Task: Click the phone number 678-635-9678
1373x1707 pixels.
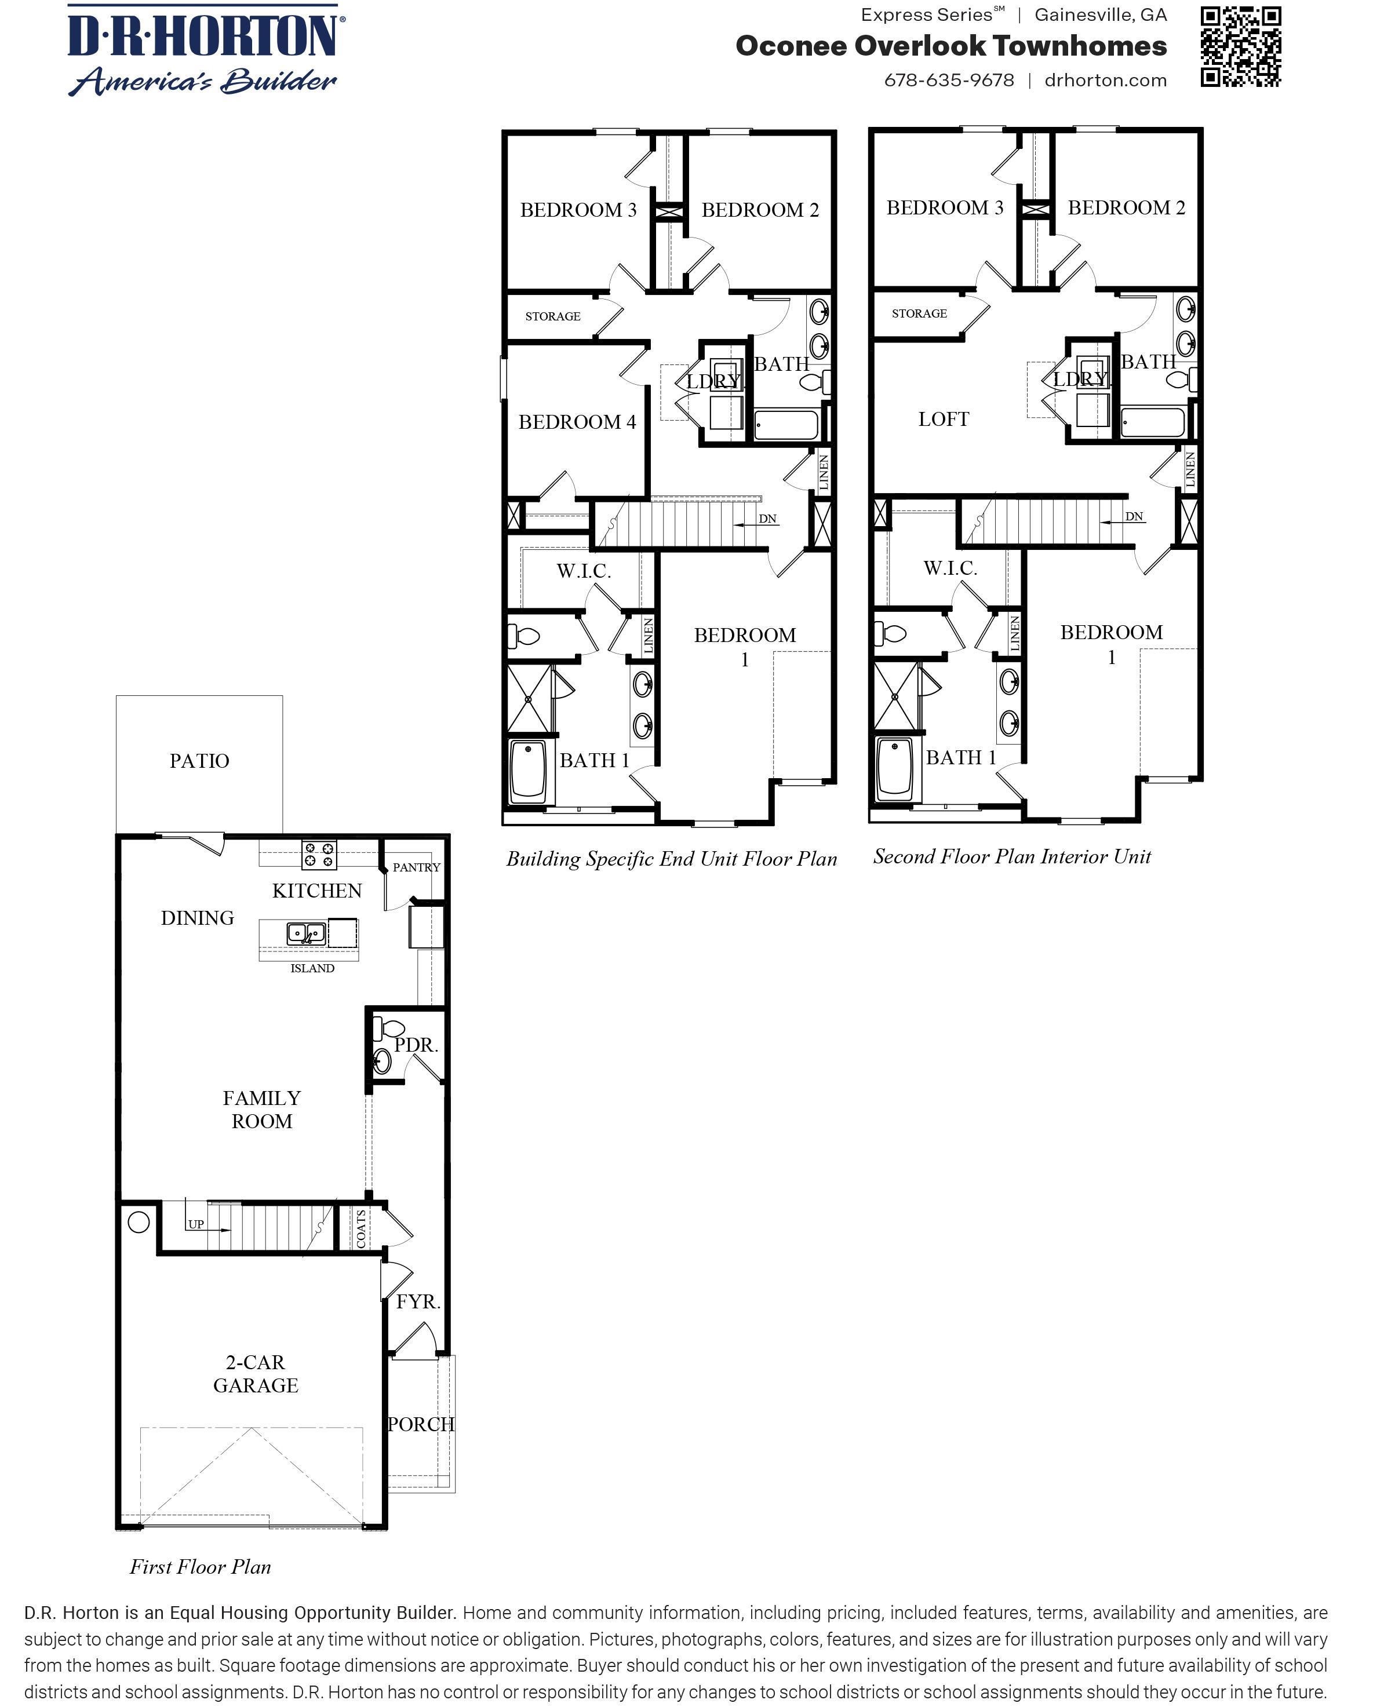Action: coord(949,81)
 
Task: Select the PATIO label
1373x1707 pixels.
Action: coord(199,761)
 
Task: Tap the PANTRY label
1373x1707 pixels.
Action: coord(416,868)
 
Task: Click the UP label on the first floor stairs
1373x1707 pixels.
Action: coord(195,1224)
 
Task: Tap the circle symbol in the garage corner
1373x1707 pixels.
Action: coord(139,1223)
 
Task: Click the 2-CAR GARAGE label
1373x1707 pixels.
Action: coord(255,1374)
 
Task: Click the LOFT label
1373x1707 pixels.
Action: coord(943,420)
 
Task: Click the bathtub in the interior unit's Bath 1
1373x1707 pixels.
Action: coord(895,768)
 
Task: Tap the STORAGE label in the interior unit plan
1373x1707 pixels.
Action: coord(919,313)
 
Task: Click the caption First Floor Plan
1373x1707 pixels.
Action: coord(201,1567)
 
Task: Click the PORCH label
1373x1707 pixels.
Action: coord(420,1424)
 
